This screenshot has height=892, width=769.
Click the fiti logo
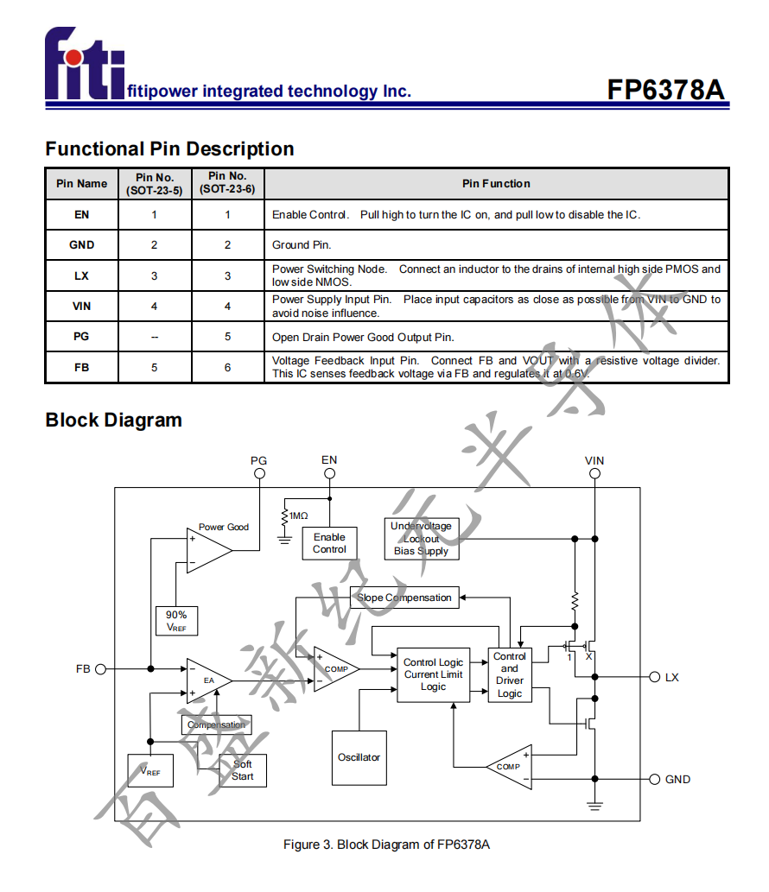point(85,64)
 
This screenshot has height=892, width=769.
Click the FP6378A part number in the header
point(664,91)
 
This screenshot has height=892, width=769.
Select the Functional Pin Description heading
point(169,149)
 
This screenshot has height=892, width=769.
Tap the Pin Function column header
point(496,184)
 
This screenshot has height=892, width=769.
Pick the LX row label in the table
point(81,276)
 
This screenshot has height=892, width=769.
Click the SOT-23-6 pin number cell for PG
point(228,337)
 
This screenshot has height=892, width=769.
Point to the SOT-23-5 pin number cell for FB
point(155,367)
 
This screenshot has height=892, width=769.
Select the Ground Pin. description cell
point(302,245)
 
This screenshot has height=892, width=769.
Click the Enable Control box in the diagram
point(329,543)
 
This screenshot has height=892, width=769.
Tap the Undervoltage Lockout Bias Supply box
point(421,539)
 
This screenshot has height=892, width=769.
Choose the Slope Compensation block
point(404,598)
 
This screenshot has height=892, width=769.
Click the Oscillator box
point(359,757)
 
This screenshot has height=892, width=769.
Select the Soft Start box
point(242,770)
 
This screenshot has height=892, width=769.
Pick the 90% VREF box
point(176,621)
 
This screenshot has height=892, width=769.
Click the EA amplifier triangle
point(207,680)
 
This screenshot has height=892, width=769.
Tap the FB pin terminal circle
point(100,669)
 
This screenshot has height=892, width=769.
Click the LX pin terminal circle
point(654,677)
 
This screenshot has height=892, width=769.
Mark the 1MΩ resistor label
point(298,516)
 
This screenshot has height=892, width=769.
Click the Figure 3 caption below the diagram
point(386,845)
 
